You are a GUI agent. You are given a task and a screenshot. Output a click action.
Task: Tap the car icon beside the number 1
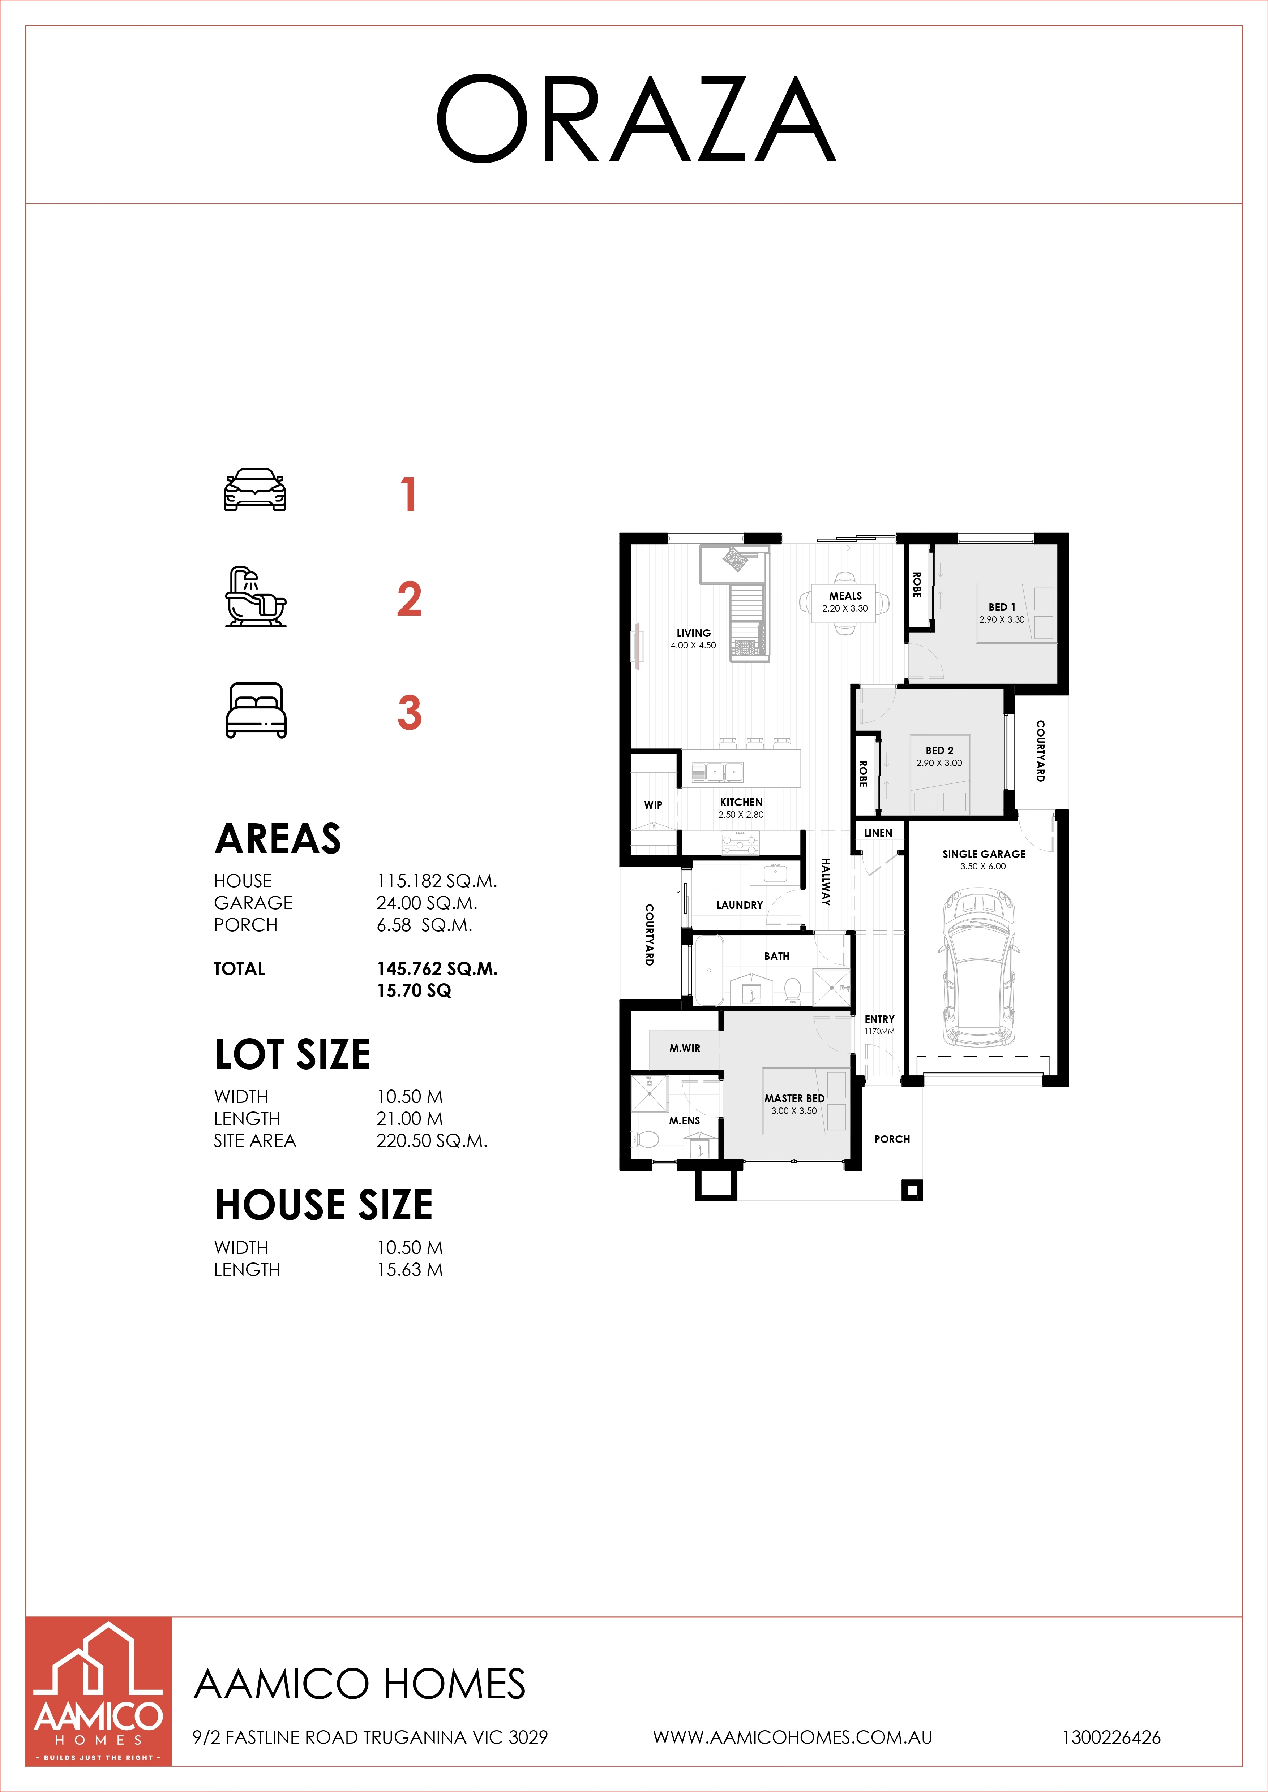255,490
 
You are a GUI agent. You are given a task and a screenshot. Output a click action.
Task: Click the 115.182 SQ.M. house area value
436,881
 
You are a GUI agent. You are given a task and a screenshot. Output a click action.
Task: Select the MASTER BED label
794,1098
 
